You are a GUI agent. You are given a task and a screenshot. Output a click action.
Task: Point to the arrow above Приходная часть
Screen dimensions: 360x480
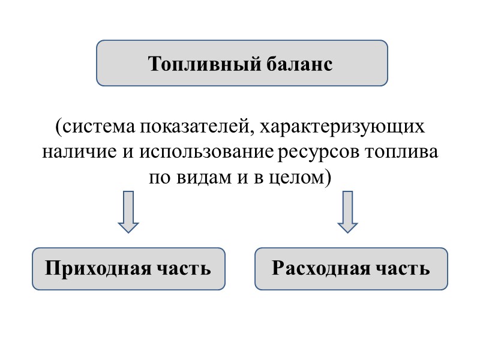(x=128, y=212)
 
